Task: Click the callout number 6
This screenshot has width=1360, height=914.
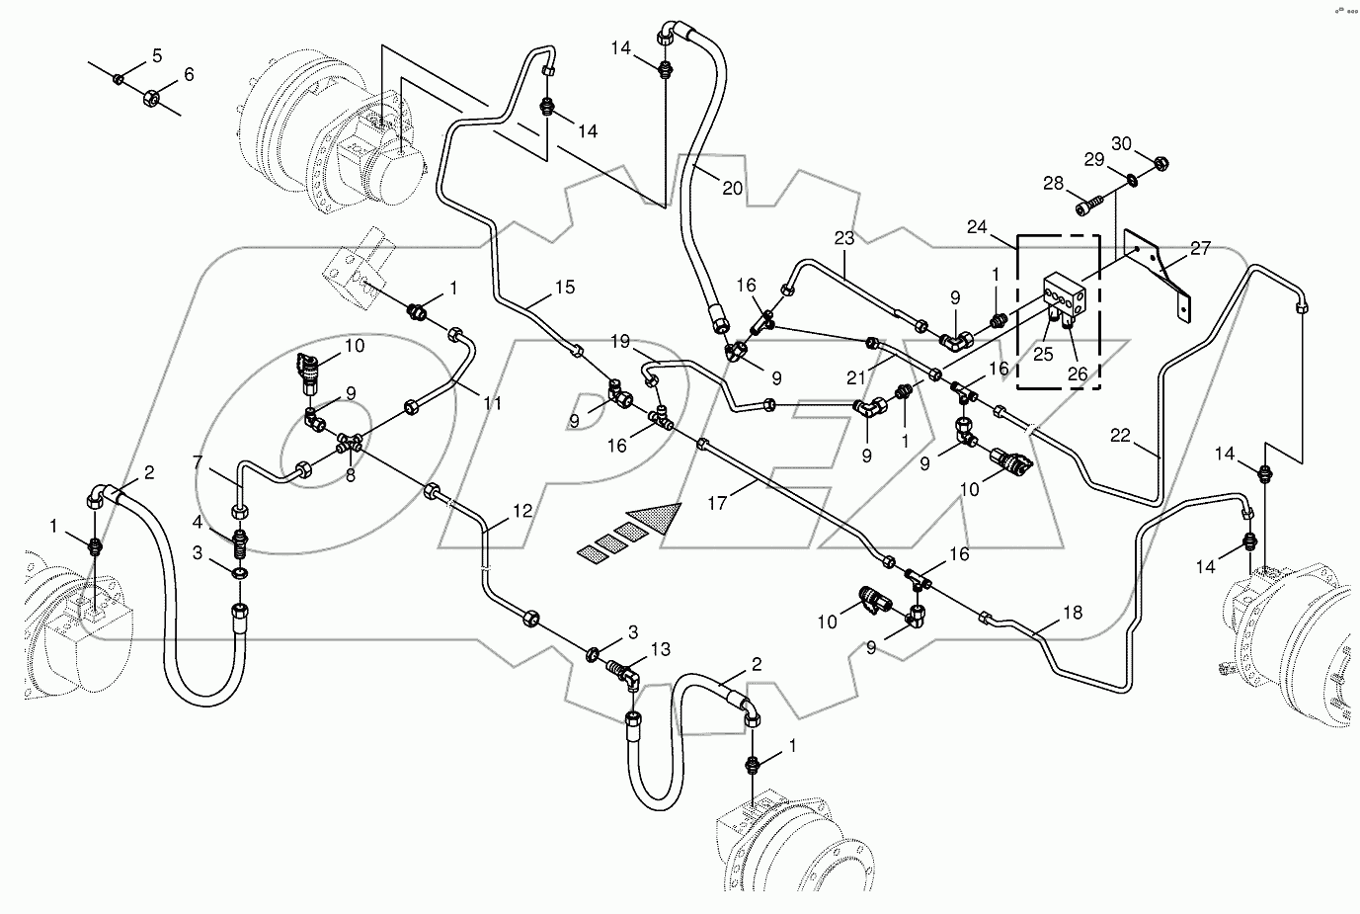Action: pos(188,75)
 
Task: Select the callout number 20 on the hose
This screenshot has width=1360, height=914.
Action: pos(731,188)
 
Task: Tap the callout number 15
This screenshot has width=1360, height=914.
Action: pos(564,288)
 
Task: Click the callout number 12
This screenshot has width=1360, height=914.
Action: pos(522,511)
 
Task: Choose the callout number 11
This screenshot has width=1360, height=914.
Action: pos(491,403)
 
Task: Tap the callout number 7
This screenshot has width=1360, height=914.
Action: pos(198,461)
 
